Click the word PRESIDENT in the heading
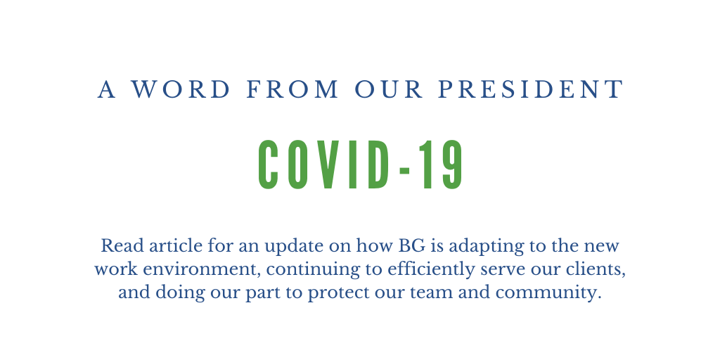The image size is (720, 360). pos(531,89)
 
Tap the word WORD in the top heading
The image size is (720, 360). pos(181,89)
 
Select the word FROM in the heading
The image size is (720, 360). pos(292,89)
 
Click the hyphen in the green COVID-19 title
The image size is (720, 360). pos(404,171)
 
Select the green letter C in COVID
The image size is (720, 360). pos(268,164)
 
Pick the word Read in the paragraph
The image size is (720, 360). pos(120,245)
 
